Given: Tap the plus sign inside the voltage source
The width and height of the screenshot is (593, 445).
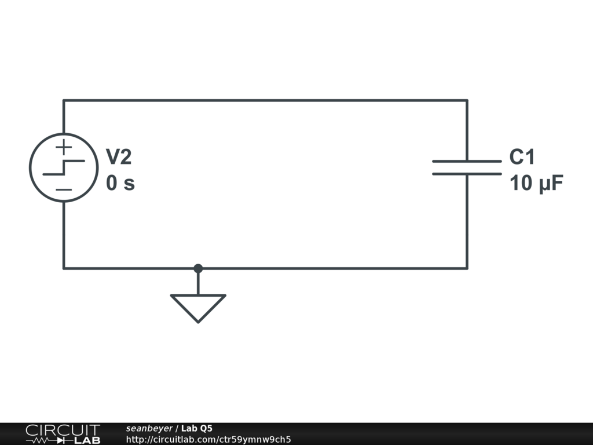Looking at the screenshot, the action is click(x=64, y=147).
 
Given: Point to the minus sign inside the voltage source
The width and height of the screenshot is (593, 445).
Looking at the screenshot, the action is click(x=64, y=189).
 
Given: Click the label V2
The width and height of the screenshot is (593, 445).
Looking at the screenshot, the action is click(x=119, y=156).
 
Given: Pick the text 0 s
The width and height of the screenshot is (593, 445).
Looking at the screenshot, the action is click(x=120, y=184).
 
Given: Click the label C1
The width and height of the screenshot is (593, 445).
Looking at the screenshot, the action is click(x=522, y=156).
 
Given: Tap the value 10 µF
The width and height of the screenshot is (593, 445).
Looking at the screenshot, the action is click(x=536, y=184).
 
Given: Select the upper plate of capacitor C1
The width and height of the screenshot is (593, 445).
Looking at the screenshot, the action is click(x=467, y=161).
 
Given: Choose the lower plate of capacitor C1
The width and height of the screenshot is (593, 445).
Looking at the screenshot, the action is click(x=467, y=173).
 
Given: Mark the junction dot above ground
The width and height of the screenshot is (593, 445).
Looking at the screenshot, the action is click(x=198, y=268).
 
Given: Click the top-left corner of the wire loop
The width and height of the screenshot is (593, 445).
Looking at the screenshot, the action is click(x=64, y=100).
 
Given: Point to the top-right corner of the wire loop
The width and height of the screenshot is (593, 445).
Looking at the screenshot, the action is click(x=467, y=100).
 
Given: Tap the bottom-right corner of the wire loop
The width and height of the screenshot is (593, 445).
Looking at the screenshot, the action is click(x=467, y=268).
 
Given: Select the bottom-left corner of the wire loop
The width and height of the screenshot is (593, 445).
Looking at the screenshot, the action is click(x=64, y=268).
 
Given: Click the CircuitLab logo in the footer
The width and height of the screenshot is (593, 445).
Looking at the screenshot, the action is click(x=63, y=434).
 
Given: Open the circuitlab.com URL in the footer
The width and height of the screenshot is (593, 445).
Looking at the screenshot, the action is click(x=208, y=439).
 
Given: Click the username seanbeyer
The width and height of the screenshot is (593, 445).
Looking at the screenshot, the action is click(x=149, y=428).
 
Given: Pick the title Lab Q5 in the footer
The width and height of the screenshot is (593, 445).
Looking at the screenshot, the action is click(x=197, y=428).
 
